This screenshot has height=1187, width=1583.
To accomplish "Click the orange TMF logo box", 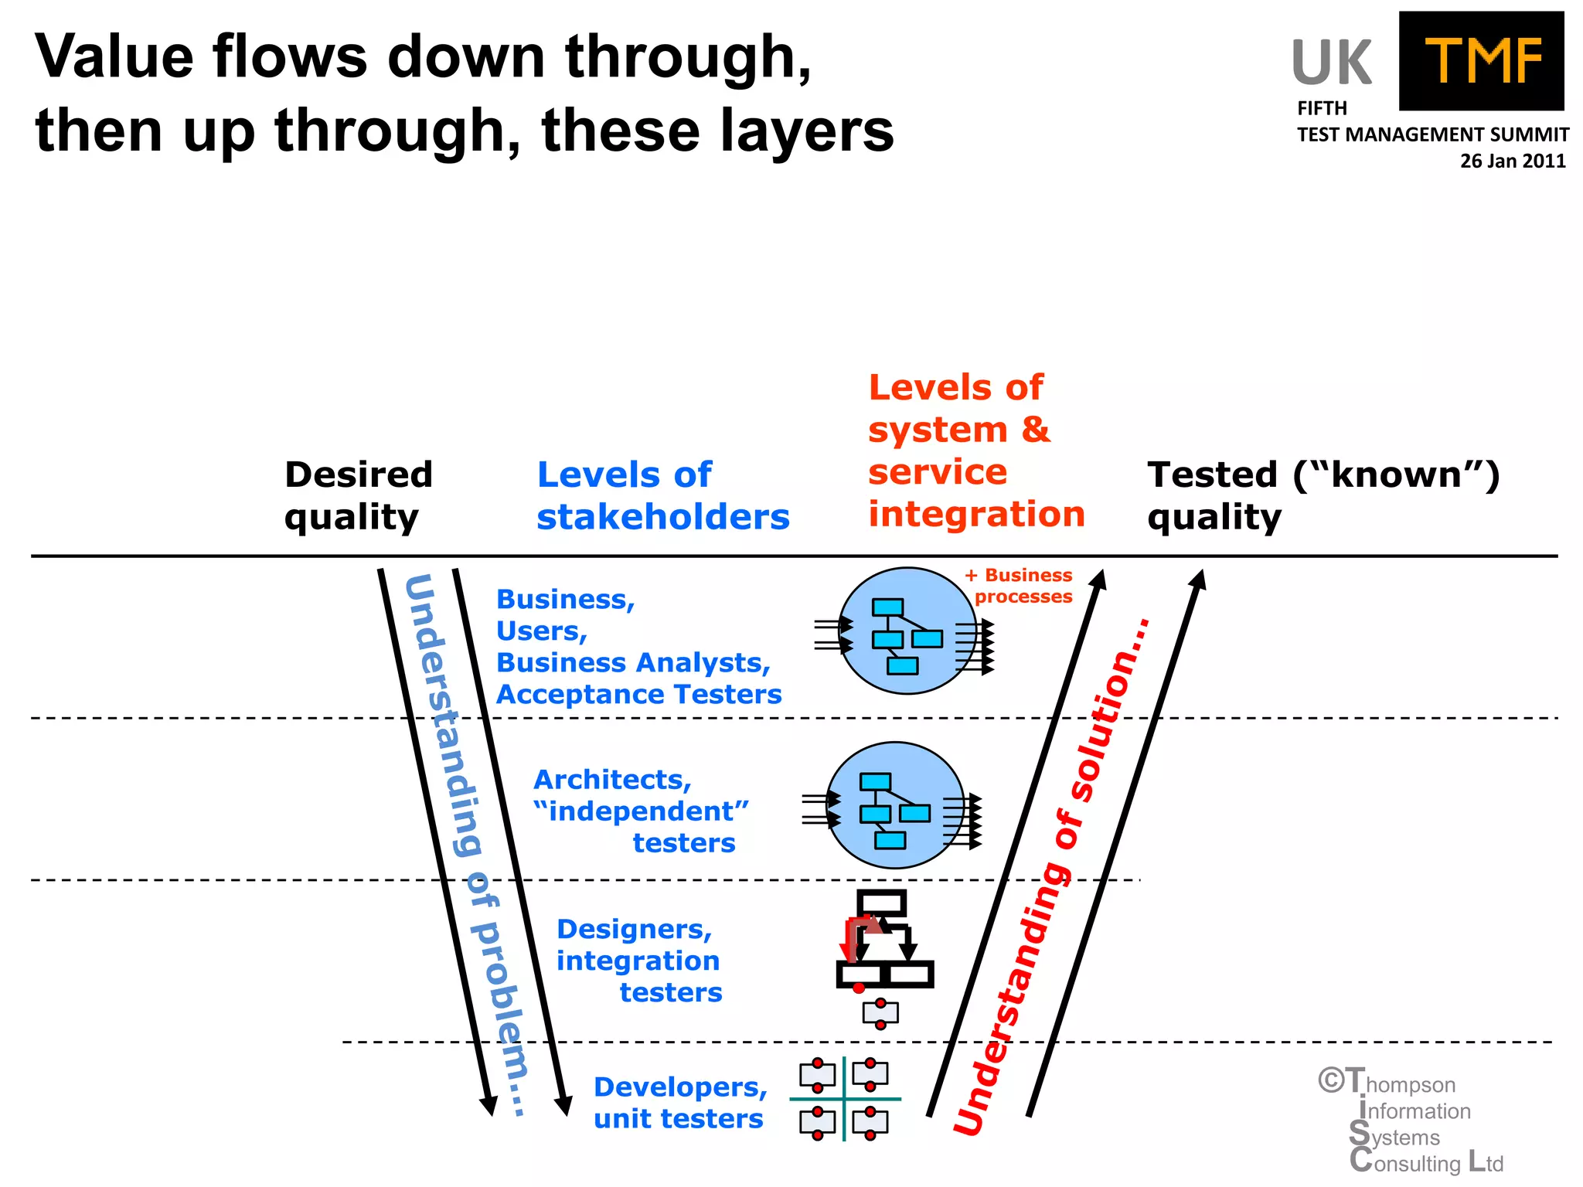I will [x=1481, y=61].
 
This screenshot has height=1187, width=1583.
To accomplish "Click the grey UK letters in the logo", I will [x=1331, y=63].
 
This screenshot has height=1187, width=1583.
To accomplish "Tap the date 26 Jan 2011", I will [x=1512, y=161].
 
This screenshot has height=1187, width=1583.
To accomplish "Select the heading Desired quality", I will [x=358, y=495].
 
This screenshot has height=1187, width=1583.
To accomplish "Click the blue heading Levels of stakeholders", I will [x=662, y=495].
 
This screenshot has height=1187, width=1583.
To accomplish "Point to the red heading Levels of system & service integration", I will [x=975, y=451].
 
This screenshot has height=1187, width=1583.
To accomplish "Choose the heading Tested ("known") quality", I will [x=1323, y=495].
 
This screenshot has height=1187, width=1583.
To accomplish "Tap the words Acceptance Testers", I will [x=638, y=694].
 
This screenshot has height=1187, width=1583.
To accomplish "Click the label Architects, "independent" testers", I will [x=641, y=811].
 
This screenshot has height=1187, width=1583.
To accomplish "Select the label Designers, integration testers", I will [x=638, y=960].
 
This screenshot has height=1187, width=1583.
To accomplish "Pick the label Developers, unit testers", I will [x=679, y=1102].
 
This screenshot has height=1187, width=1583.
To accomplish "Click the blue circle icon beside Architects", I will [x=894, y=805].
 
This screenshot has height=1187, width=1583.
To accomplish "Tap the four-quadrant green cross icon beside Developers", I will [x=844, y=1098].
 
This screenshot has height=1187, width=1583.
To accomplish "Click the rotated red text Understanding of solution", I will [x=1051, y=876].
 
